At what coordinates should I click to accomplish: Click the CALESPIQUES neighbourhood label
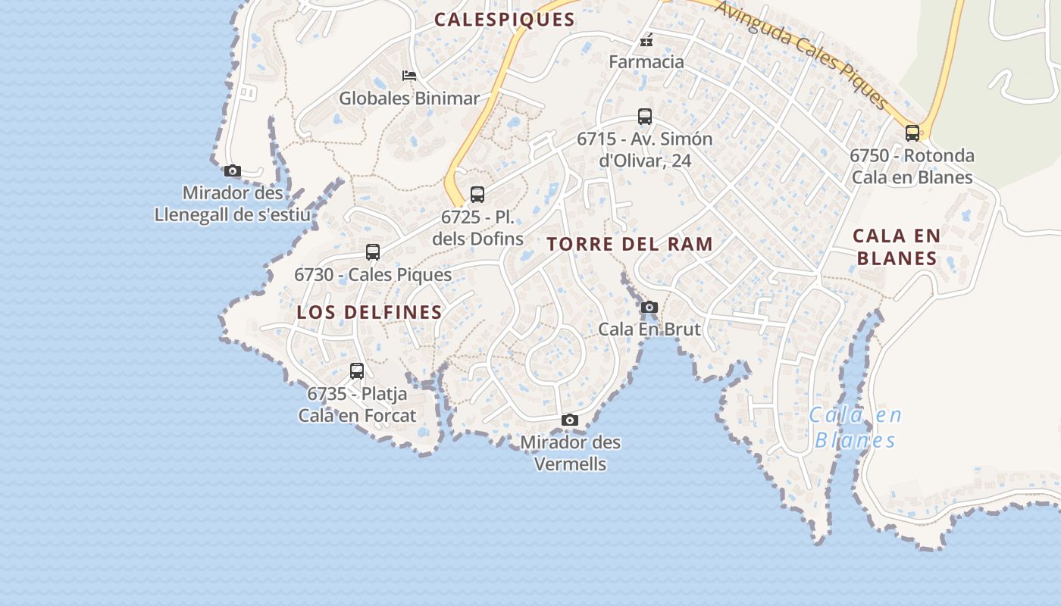[504, 20]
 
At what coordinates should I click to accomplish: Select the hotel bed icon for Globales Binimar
[409, 75]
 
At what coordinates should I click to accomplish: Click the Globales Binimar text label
[409, 98]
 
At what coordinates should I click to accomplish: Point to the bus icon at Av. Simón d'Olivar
[645, 117]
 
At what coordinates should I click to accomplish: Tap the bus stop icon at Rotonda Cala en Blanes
[912, 133]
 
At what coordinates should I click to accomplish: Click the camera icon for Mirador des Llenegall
[233, 171]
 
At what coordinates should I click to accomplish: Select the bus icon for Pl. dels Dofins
[477, 195]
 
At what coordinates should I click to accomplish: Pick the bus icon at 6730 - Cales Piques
[373, 252]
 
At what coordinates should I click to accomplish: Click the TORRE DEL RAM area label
[630, 244]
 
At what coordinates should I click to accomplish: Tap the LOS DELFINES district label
[369, 312]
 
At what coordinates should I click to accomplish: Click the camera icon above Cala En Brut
[649, 308]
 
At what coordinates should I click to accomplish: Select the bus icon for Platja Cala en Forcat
[357, 371]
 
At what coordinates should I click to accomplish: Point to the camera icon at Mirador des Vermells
[570, 420]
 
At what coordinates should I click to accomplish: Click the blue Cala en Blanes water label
[856, 428]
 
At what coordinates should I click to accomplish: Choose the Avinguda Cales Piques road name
[801, 52]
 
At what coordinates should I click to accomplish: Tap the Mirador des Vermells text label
[570, 453]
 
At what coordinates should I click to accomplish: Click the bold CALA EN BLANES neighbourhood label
[897, 247]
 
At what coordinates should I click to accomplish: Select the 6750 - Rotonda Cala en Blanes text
[912, 167]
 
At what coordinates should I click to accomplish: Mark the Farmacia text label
[646, 62]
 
